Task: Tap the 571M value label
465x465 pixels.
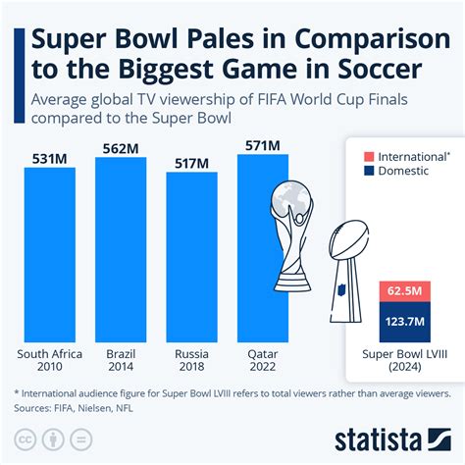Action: (262, 145)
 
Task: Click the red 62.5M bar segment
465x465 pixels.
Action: (405, 291)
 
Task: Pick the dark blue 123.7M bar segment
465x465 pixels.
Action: (405, 320)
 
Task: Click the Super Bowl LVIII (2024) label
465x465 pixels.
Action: (405, 361)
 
